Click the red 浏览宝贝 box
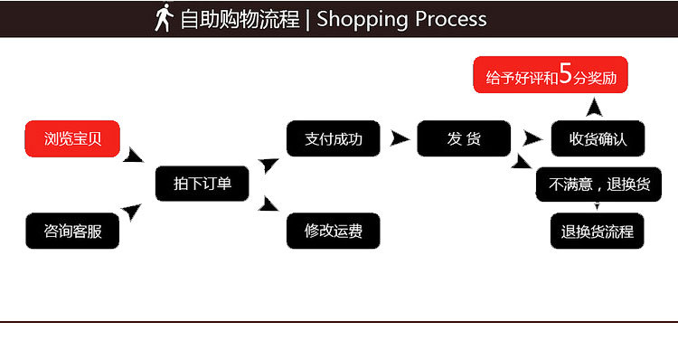coord(72,139)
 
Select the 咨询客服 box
coord(72,231)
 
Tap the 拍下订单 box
coord(202,184)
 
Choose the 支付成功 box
coord(333,138)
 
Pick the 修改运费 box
coord(333,231)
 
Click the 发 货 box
coord(464,138)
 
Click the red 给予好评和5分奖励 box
coord(551,76)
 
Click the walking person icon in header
coord(164,18)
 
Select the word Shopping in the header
coord(360,19)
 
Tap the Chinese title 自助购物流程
coord(240,19)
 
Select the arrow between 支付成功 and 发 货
coord(399,138)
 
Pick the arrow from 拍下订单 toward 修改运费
coord(268,204)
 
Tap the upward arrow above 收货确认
coord(594,108)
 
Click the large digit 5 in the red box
coord(566,74)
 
